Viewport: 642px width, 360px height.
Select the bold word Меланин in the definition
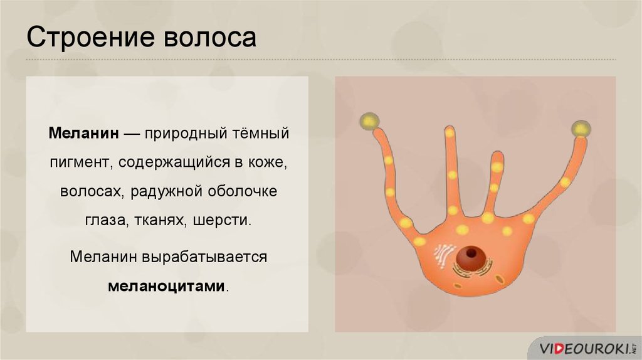point(84,133)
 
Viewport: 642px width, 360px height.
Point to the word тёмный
point(261,133)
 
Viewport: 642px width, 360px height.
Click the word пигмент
point(80,163)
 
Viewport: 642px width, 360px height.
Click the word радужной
point(167,192)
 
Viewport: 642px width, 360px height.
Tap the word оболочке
point(243,191)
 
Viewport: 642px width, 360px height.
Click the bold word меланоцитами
point(167,286)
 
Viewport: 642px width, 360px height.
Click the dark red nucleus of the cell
point(471,258)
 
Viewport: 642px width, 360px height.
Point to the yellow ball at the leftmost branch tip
point(370,121)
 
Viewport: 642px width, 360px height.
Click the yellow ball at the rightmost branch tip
point(581,129)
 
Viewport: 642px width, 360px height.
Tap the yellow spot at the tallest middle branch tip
point(450,133)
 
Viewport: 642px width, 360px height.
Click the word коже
point(267,163)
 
